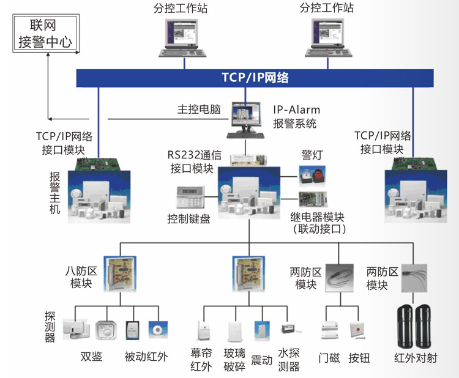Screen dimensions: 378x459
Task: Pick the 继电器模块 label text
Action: [318, 218]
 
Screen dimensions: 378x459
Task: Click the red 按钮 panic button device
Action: [358, 331]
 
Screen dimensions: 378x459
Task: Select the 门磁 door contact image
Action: [330, 330]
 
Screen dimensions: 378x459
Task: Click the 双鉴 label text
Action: [91, 357]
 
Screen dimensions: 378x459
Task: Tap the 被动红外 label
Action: [145, 357]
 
